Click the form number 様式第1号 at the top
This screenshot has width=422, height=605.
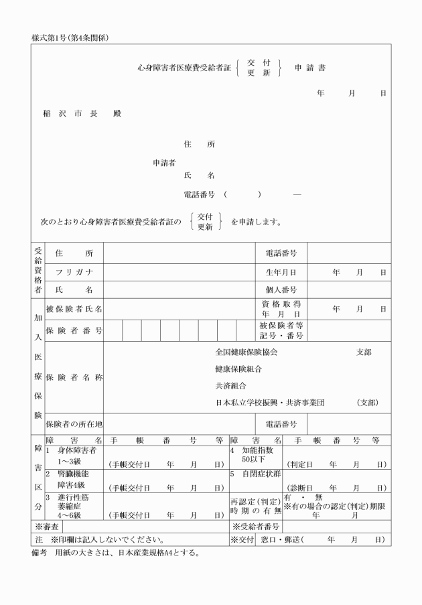[70, 38]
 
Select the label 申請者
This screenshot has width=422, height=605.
[164, 162]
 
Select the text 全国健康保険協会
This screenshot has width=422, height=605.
[246, 352]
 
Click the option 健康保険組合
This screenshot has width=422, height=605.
[238, 369]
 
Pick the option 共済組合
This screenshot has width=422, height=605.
[230, 386]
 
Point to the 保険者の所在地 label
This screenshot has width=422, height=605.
[74, 424]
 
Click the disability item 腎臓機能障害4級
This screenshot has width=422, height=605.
[72, 479]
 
